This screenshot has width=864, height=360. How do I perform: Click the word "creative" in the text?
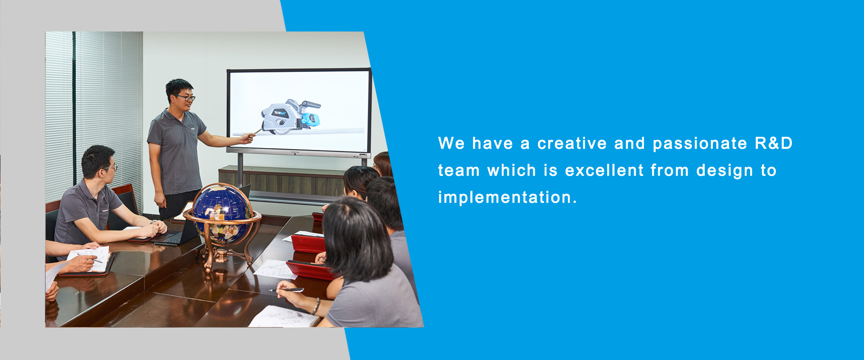572,144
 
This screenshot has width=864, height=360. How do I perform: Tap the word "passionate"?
700,144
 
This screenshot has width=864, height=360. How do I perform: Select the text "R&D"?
774,143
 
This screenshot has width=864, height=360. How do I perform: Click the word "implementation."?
507,197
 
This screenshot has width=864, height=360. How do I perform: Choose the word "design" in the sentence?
724,171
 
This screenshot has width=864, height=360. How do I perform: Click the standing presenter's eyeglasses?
185,97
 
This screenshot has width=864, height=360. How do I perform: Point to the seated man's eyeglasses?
111,167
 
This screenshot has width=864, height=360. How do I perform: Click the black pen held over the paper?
287,290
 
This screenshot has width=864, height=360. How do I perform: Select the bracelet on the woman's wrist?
316,306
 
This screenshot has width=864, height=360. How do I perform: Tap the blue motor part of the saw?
310,119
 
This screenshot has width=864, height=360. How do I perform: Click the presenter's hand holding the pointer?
247,138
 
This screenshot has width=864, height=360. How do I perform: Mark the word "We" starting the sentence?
451,144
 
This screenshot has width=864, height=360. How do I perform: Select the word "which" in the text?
512,171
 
